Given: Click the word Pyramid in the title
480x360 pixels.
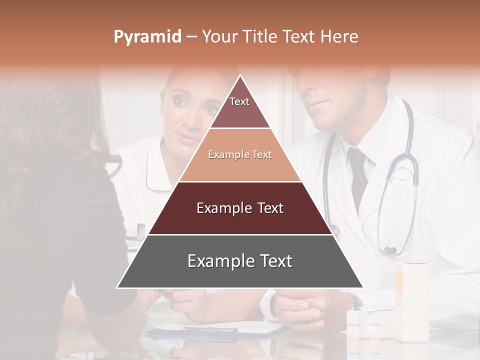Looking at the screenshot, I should (147, 37).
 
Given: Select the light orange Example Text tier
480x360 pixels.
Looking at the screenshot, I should (240, 155).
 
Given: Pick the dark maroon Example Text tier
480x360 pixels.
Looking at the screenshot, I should (240, 208).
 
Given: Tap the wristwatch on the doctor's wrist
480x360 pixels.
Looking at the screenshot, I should (355, 300).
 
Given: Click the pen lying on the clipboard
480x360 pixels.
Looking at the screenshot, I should (210, 329).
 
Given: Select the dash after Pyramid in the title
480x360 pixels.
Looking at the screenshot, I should (191, 37).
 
